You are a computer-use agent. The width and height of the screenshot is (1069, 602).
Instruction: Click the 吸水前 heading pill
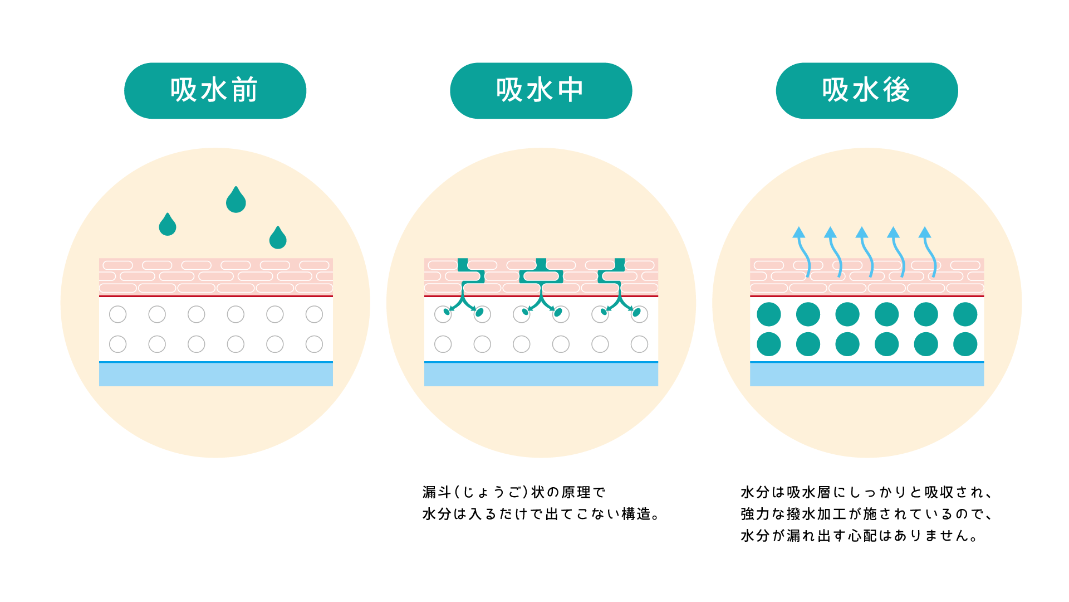click(215, 90)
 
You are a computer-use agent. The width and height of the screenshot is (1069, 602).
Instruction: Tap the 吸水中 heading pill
click(541, 90)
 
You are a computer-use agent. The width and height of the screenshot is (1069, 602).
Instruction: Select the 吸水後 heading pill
click(866, 90)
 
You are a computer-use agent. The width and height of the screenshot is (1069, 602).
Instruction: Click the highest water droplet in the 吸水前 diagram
click(236, 201)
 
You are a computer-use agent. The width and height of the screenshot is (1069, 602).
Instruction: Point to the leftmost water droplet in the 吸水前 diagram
click(167, 225)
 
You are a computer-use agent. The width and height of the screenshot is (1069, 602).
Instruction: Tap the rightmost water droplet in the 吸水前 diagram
click(278, 239)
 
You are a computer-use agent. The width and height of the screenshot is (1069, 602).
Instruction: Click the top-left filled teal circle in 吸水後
click(769, 314)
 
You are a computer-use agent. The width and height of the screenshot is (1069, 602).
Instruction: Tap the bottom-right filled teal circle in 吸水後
click(965, 344)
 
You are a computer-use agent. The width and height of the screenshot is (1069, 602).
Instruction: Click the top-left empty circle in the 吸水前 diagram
click(118, 314)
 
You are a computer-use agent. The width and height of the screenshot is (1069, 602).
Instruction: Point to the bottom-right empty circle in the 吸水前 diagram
click(314, 344)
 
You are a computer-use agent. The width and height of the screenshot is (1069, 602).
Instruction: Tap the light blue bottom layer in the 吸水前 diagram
click(216, 375)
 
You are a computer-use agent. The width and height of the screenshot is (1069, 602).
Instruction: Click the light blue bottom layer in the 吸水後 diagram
click(866, 375)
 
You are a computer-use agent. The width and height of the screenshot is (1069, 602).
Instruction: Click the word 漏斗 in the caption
click(437, 492)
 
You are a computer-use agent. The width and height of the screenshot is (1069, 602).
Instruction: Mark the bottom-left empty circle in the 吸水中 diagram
click(443, 344)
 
